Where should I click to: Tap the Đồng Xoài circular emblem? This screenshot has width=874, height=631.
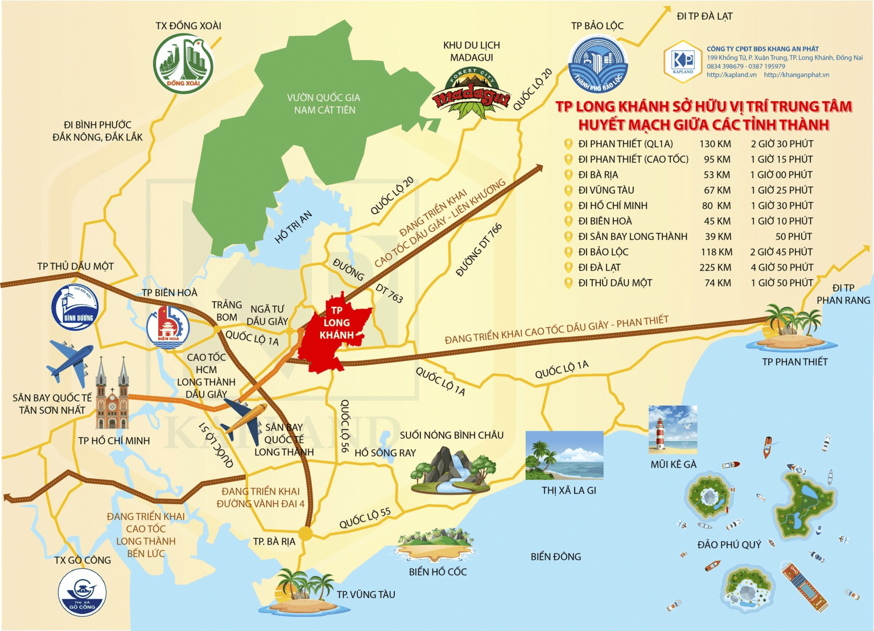click(183, 63)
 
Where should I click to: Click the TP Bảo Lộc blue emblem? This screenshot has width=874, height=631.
click(597, 66)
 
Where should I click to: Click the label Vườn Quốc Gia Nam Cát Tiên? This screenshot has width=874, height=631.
click(324, 104)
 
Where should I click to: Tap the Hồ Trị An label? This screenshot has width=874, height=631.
click(293, 227)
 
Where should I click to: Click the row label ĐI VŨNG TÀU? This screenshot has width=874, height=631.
click(605, 190)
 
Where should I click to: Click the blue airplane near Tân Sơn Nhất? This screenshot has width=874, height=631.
click(69, 360)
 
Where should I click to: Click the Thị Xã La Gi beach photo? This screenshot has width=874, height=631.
click(564, 455)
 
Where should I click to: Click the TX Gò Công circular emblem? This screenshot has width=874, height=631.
click(82, 592)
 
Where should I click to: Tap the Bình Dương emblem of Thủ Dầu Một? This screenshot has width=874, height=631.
click(75, 308)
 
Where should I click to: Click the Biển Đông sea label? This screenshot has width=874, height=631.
click(555, 557)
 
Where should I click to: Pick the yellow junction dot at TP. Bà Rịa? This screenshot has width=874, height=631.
click(306, 533)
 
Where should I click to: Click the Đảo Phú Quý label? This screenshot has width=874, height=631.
click(729, 545)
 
